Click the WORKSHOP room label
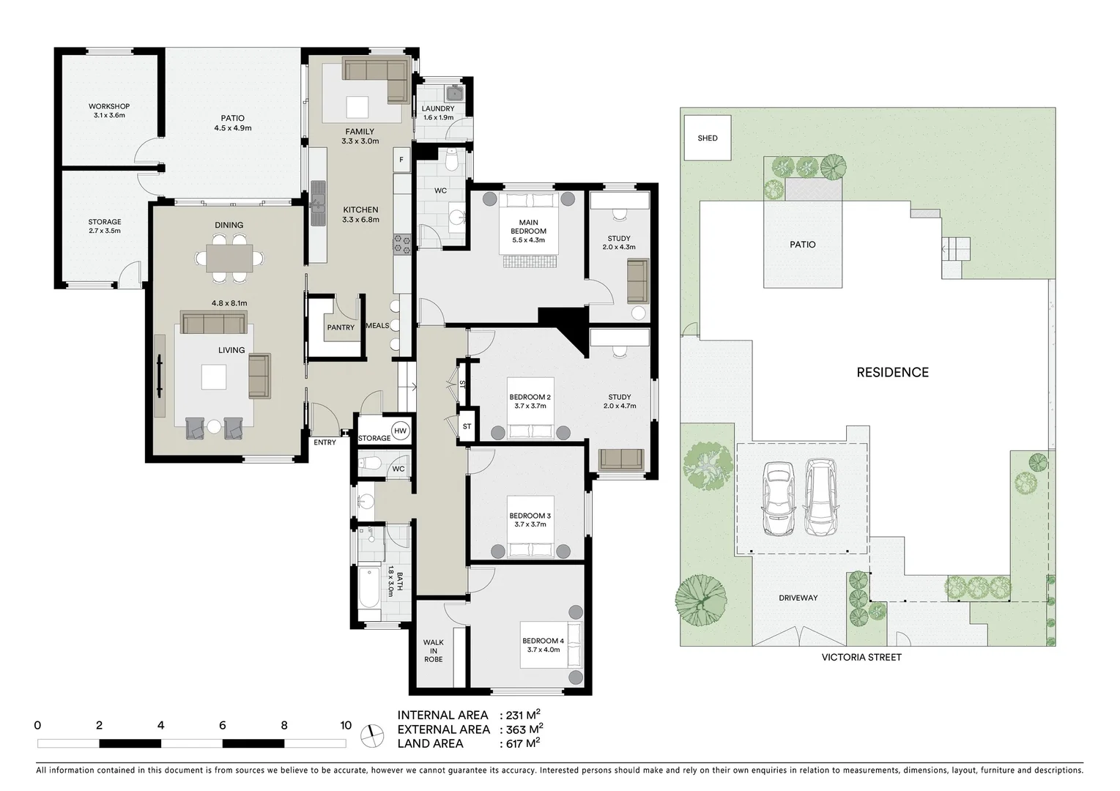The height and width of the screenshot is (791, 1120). point(108,111)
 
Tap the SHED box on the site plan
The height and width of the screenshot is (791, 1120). point(707,138)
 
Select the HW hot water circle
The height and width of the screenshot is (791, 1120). point(400,431)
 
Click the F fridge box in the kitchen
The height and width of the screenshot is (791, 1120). point(401,160)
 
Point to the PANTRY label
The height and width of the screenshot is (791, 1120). point(341,327)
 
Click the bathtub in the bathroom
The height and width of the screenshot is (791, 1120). point(369,587)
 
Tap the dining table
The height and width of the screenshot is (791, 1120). point(229,258)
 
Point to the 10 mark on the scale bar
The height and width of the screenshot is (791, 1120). point(346,726)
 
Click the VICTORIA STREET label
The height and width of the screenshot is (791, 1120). point(861,657)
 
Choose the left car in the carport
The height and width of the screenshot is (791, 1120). point(777,499)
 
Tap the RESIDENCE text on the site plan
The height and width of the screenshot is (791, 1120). point(892,372)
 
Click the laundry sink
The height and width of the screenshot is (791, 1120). point(455,93)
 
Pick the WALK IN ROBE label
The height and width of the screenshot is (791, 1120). point(433,651)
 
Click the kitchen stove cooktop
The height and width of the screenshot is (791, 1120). point(401,244)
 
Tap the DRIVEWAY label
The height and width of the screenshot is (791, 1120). point(798,598)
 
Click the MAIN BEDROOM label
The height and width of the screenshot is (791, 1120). point(528,226)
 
